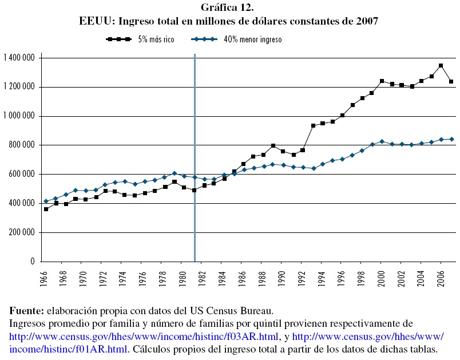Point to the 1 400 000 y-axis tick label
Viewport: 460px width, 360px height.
tap(19, 58)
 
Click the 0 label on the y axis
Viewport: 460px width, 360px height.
tap(33, 262)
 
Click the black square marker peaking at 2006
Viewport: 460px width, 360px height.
tap(441, 66)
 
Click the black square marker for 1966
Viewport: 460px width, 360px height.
tap(46, 209)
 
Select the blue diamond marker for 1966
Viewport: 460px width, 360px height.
tap(46, 201)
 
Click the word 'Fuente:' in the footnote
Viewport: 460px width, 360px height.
tap(27, 311)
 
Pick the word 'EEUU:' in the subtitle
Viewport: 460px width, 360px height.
tap(95, 21)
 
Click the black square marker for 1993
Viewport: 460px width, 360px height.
tap(313, 125)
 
